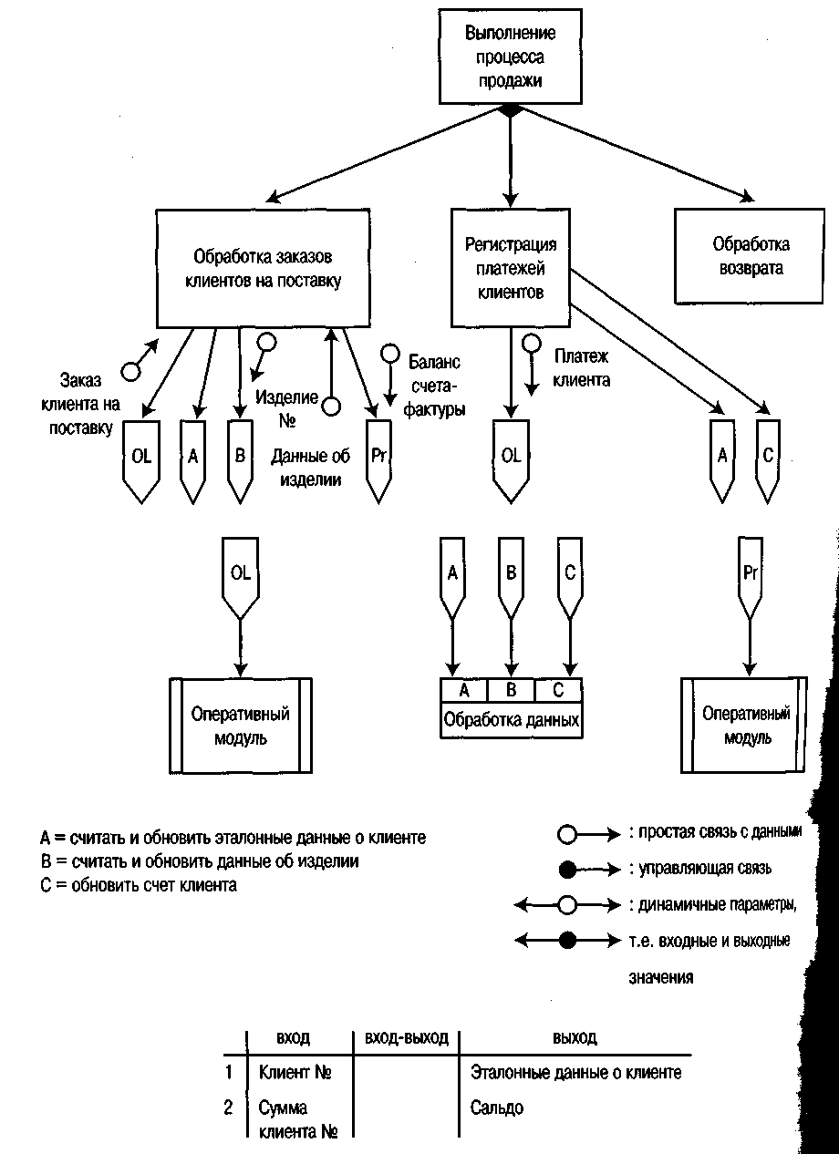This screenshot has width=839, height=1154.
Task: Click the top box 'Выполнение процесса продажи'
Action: pyautogui.click(x=510, y=57)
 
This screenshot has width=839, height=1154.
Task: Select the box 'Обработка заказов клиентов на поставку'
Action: pyautogui.click(x=263, y=268)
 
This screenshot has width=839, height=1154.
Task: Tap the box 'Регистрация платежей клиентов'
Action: pyautogui.click(x=510, y=268)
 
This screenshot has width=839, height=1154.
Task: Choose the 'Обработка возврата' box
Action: pyautogui.click(x=751, y=256)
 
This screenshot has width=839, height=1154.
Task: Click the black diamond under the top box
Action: pyautogui.click(x=510, y=109)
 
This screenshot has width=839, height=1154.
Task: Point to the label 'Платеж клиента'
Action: pyautogui.click(x=581, y=367)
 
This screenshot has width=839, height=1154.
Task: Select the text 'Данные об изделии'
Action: pyautogui.click(x=311, y=469)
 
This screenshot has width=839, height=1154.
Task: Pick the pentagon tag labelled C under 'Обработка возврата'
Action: pyautogui.click(x=768, y=457)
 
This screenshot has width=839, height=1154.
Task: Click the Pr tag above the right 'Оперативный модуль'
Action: pyautogui.click(x=750, y=574)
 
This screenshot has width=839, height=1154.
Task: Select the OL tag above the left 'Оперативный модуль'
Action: pyautogui.click(x=240, y=574)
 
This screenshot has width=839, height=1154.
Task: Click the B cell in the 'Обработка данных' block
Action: pyautogui.click(x=512, y=690)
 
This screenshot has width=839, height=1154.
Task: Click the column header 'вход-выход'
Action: pyautogui.click(x=406, y=1038)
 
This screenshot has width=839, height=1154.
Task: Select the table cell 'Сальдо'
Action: pyautogui.click(x=497, y=1108)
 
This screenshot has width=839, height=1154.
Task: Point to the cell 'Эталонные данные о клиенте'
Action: pyautogui.click(x=575, y=1073)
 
